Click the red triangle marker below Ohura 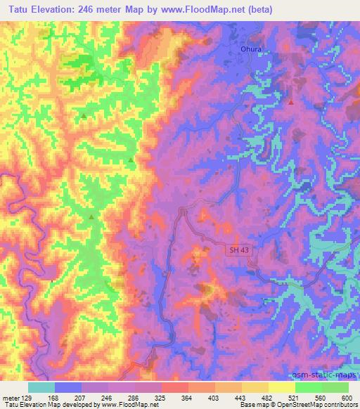pyautogui.click(x=290, y=102)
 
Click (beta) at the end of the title pyautogui.click(x=273, y=10)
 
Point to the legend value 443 pyautogui.click(x=242, y=398)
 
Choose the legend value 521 pyautogui.click(x=295, y=398)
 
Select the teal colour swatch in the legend pyautogui.click(x=41, y=387)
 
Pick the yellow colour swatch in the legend pyautogui.click(x=282, y=387)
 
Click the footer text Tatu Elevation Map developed pyautogui.click(x=42, y=405)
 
